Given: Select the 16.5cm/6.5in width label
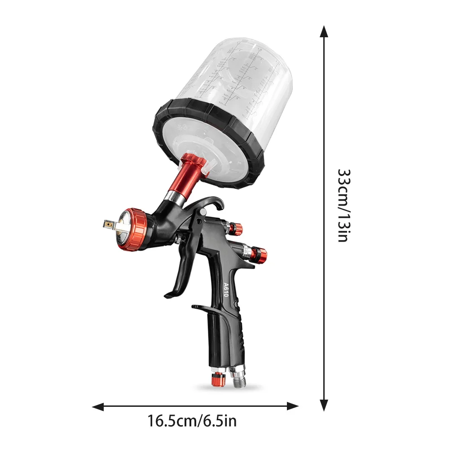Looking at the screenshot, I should click(192, 421).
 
